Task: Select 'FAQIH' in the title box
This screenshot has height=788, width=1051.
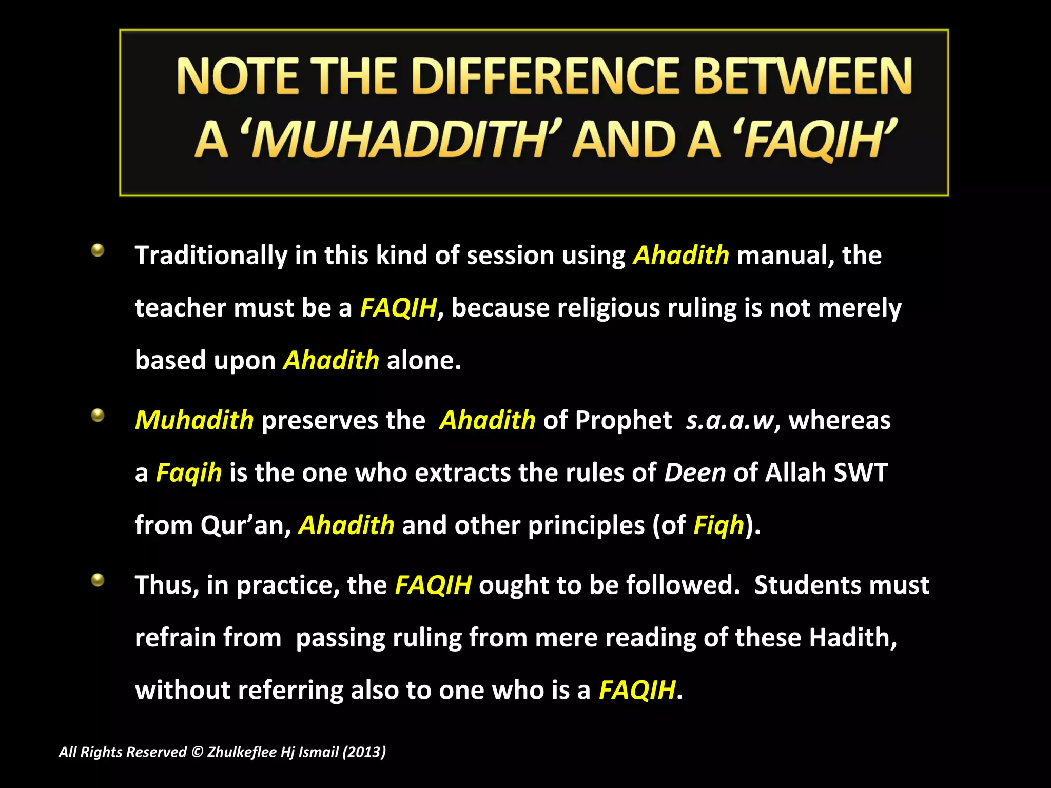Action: pyautogui.click(x=816, y=140)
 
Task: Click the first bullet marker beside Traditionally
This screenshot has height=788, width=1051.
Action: pyautogui.click(x=98, y=251)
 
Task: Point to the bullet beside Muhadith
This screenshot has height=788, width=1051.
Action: pyautogui.click(x=98, y=415)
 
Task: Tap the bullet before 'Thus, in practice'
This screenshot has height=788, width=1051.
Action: pyautogui.click(x=98, y=580)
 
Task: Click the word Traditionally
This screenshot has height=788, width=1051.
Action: pyautogui.click(x=211, y=255)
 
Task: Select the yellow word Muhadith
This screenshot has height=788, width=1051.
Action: pyautogui.click(x=194, y=420)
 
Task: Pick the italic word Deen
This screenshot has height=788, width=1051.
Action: pyautogui.click(x=695, y=472)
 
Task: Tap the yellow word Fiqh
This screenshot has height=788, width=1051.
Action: pyautogui.click(x=718, y=525)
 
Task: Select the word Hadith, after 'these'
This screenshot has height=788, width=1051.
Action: pyautogui.click(x=852, y=638)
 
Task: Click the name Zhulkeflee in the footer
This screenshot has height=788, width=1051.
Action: pyautogui.click(x=242, y=752)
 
